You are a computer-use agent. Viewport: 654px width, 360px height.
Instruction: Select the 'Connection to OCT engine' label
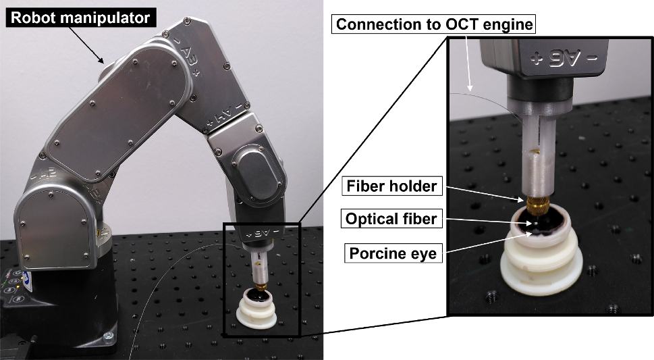coord(435,25)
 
